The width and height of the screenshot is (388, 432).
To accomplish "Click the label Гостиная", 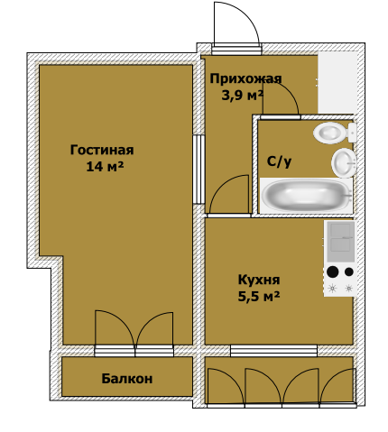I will click(x=102, y=150).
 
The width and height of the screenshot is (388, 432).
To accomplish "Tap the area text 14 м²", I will click(x=104, y=167).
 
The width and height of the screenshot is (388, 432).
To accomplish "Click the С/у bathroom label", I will click(x=279, y=161).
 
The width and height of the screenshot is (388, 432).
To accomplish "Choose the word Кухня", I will click(x=258, y=279).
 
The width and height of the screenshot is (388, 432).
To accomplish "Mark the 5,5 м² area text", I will click(x=258, y=295).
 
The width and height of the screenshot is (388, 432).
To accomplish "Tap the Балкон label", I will click(x=126, y=379).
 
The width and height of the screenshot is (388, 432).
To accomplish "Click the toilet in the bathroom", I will click(x=330, y=133).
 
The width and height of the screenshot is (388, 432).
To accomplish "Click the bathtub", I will click(x=305, y=196).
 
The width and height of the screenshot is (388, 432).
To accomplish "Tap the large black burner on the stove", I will click(x=333, y=271).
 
